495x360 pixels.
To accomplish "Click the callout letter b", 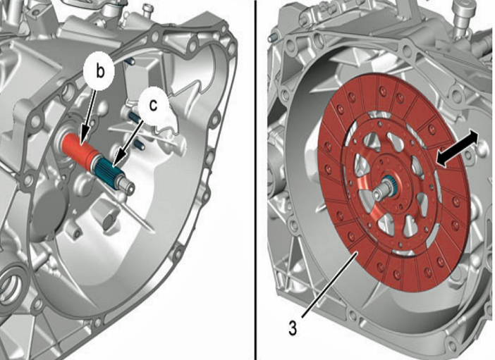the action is click(99, 72).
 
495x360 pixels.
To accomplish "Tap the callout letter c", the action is click(154, 105).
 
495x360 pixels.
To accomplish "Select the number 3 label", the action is click(293, 328).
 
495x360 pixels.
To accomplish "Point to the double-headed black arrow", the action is click(457, 148).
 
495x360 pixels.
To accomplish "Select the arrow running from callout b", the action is click(89, 116).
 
